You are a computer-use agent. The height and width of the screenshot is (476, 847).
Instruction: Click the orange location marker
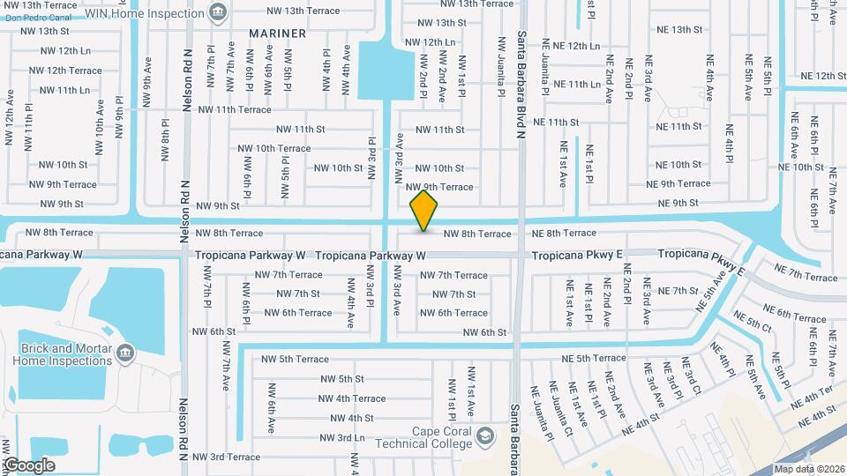tap(424, 211)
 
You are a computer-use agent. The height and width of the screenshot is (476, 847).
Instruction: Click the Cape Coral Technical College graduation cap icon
tap(484, 436)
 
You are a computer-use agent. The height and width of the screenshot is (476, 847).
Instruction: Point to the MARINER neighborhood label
tap(277, 33)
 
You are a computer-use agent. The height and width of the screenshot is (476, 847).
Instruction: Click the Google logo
tap(29, 465)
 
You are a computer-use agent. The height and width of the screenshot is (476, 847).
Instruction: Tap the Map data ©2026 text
tap(808, 469)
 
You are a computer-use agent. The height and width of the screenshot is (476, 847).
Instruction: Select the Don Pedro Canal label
tap(37, 17)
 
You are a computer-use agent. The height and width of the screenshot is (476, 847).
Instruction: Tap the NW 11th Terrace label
tap(235, 110)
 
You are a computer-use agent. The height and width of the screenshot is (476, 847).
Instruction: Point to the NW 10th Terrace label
tap(274, 148)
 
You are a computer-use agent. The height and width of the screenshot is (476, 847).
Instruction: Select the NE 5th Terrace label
tap(594, 359)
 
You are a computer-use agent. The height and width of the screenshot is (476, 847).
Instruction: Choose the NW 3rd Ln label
tap(341, 437)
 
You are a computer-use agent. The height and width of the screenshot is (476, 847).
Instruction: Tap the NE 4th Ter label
tap(812, 393)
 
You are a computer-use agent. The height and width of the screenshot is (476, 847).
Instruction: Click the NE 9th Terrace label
tap(678, 184)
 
